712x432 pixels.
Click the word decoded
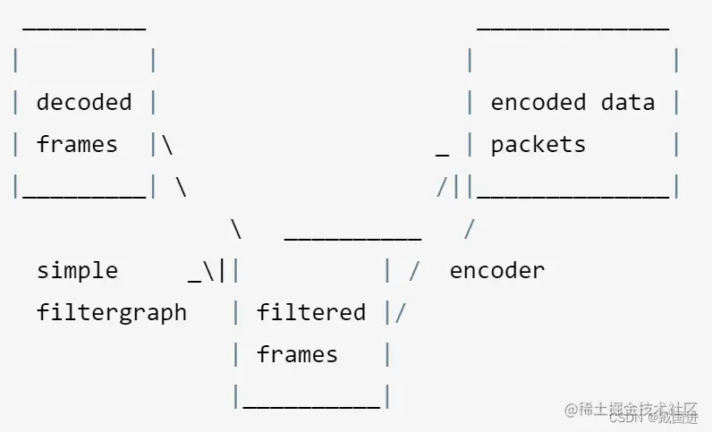pos(84,102)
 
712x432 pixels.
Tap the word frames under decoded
pos(77,144)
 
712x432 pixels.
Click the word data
pos(628,102)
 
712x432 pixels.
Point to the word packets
pos(538,144)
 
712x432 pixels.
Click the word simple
pos(77,270)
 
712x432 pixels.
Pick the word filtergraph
pos(112,312)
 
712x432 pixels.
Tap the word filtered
pos(311,312)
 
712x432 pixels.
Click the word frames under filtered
pos(297,354)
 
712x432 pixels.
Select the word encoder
pos(497,270)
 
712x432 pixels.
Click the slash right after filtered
pos(401,312)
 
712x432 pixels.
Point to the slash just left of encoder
pos(414,270)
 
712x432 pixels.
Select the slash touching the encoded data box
pos(442,187)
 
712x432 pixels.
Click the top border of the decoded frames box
pos(84,27)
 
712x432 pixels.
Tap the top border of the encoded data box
pos(572,27)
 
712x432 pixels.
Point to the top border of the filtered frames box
pos(352,238)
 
